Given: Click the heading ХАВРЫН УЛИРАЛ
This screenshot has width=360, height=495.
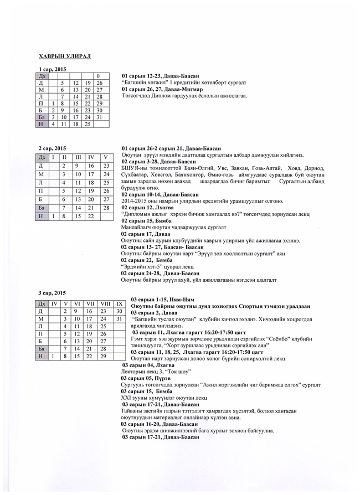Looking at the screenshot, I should pyautogui.click(x=65, y=56).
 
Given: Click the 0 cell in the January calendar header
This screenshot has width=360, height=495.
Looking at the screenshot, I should pyautogui.click(x=97, y=75).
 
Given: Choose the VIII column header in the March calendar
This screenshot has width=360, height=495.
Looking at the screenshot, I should pyautogui.click(x=105, y=304).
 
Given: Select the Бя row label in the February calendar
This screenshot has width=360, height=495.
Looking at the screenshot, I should pyautogui.click(x=40, y=208).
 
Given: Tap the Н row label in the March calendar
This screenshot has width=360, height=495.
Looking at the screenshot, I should pyautogui.click(x=40, y=357).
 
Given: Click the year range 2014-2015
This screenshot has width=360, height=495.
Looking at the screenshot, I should pyautogui.click(x=135, y=201).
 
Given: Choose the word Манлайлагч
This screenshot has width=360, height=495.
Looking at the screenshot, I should pyautogui.click(x=138, y=227).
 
